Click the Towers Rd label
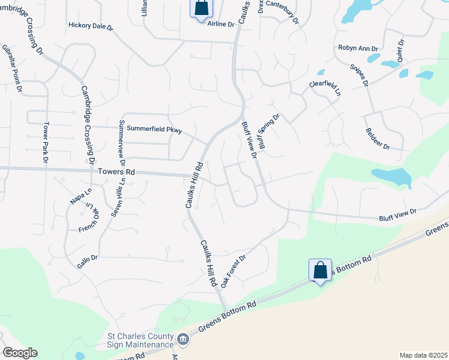tap(116, 172)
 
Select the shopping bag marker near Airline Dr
tap(201, 9)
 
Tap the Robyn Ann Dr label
tap(358, 48)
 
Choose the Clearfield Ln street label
tap(325, 89)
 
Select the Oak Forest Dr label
tap(234, 271)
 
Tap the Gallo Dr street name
tap(86, 257)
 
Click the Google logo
tap(19, 353)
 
